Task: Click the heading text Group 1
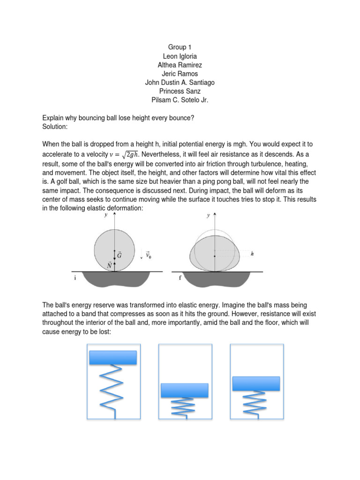(x=180, y=47)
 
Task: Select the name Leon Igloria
(x=180, y=56)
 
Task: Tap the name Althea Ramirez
(x=180, y=65)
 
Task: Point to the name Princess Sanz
(x=180, y=91)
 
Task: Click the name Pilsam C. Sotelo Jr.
(x=180, y=100)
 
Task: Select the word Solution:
(x=55, y=127)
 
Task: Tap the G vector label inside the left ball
(x=119, y=255)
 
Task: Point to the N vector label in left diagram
(x=109, y=266)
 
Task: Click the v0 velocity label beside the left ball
(x=148, y=256)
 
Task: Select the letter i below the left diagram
(x=75, y=278)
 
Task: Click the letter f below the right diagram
(x=180, y=277)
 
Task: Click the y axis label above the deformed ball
(x=209, y=216)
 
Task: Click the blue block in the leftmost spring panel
(x=112, y=357)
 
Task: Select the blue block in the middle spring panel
(x=184, y=390)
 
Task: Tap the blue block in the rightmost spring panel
(x=256, y=383)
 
